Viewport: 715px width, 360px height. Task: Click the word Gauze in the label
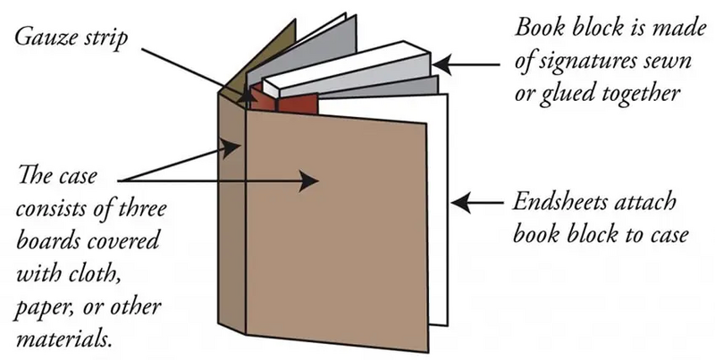(40, 38)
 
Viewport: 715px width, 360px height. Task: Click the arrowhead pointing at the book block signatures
(442, 63)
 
